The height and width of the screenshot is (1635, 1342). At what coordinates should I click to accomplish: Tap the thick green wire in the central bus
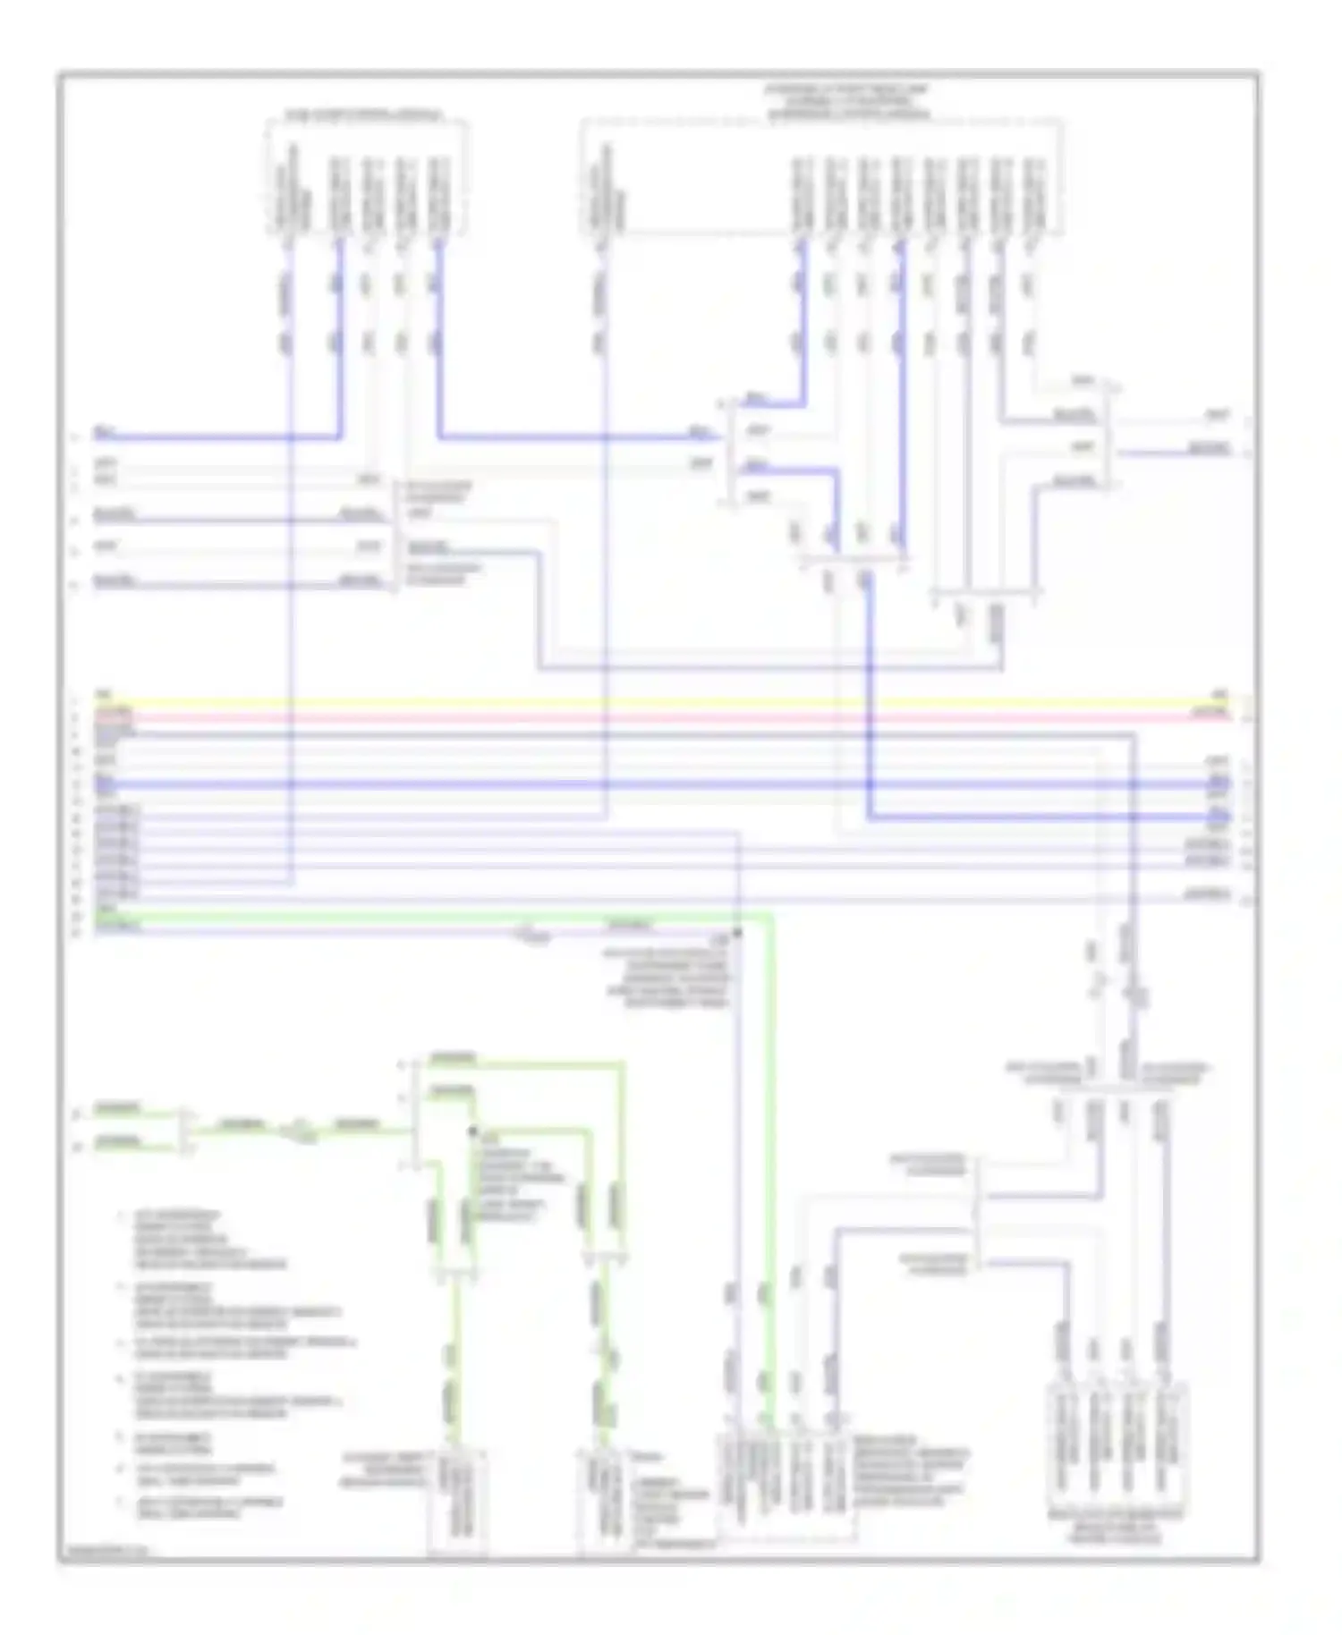coord(447,916)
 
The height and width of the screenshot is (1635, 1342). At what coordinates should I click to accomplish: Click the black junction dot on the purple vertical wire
coord(739,933)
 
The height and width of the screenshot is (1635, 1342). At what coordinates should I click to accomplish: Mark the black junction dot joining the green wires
coord(472,1131)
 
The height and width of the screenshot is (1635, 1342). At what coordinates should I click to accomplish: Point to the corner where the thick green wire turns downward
coord(770,918)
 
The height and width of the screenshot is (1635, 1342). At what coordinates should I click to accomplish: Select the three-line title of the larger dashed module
coord(846,102)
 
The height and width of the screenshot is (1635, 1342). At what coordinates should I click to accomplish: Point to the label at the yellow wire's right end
coord(1219,694)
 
